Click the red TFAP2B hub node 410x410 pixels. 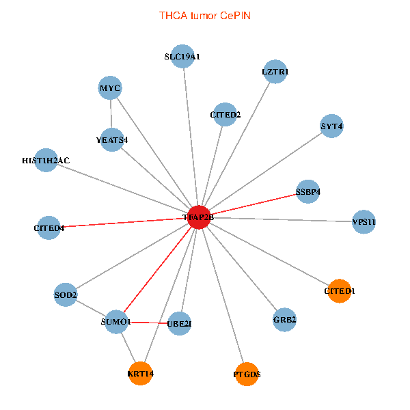[x=198, y=217]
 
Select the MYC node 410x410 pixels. [x=110, y=88]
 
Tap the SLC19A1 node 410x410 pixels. [x=182, y=57]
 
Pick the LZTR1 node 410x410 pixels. [x=275, y=71]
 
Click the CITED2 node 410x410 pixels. [x=225, y=115]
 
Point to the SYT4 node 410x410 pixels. [x=331, y=126]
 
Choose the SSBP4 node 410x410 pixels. [x=308, y=191]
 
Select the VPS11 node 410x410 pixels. [x=364, y=222]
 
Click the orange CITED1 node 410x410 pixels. [x=340, y=291]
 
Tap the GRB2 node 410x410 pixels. [x=284, y=319]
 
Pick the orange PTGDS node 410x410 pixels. [x=247, y=374]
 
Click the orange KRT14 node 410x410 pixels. [x=141, y=373]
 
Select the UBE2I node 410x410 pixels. [x=179, y=323]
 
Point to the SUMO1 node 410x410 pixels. [x=115, y=321]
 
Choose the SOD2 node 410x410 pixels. [x=66, y=295]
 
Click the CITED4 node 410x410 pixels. [x=49, y=228]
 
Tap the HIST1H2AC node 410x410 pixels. [x=46, y=160]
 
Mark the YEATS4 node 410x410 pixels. [x=112, y=139]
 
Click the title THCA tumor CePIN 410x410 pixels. [x=205, y=15]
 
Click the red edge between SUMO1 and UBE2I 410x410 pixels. [x=147, y=322]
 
